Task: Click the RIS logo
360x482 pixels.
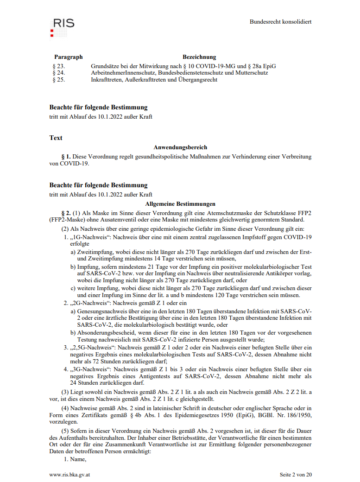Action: tap(62, 27)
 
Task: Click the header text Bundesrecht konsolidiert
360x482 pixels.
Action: tap(280, 22)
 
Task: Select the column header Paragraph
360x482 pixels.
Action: tap(68, 57)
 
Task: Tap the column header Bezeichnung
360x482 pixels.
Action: tap(199, 57)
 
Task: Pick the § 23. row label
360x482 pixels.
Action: tap(59, 66)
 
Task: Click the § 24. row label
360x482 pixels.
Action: tap(59, 73)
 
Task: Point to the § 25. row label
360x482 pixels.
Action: tap(59, 79)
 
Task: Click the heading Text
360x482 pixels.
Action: tap(56, 138)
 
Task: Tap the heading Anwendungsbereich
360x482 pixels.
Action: tap(180, 147)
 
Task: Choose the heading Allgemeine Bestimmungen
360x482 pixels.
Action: tap(180, 203)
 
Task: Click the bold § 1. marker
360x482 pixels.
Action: tap(66, 157)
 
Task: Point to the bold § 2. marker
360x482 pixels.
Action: tap(66, 213)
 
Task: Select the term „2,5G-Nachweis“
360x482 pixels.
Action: tap(92, 347)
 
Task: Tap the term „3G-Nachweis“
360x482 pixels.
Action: tap(90, 369)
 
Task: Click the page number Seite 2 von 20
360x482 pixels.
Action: tap(296, 475)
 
